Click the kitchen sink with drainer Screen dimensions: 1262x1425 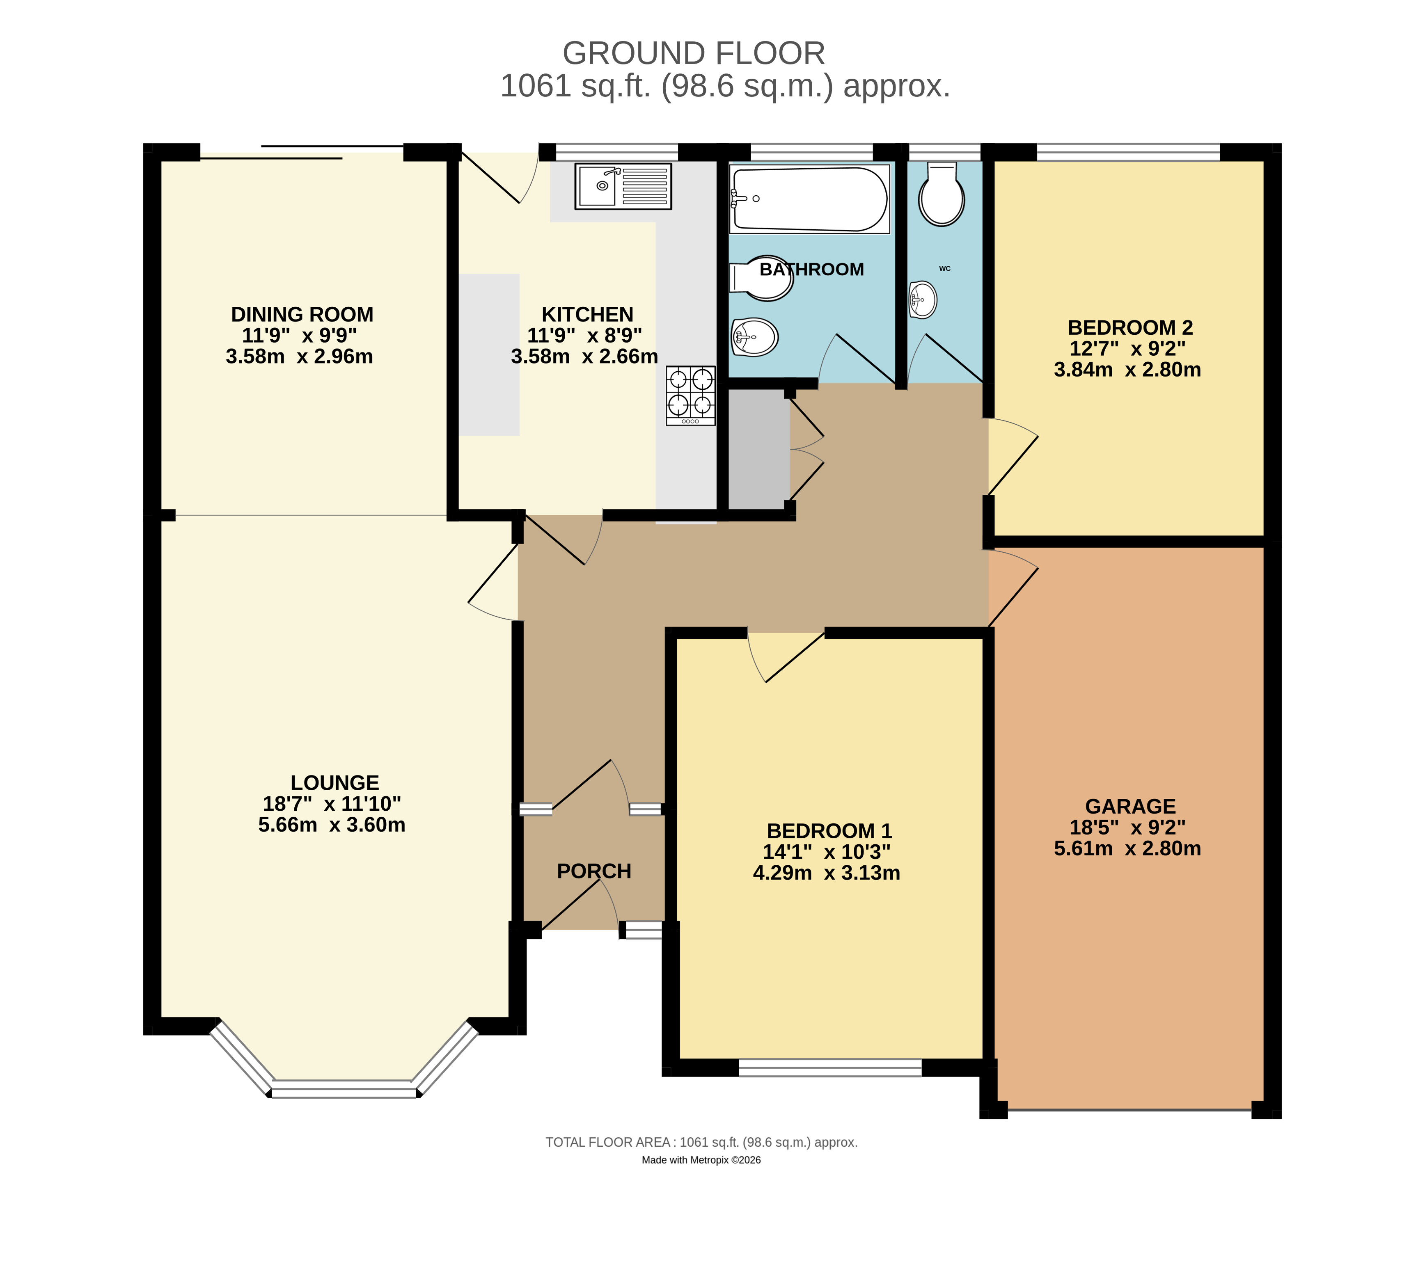click(x=623, y=186)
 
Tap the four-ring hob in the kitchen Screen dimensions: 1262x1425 click(x=690, y=395)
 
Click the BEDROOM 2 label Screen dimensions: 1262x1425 click(x=1130, y=327)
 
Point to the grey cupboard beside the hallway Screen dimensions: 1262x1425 click(x=758, y=450)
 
